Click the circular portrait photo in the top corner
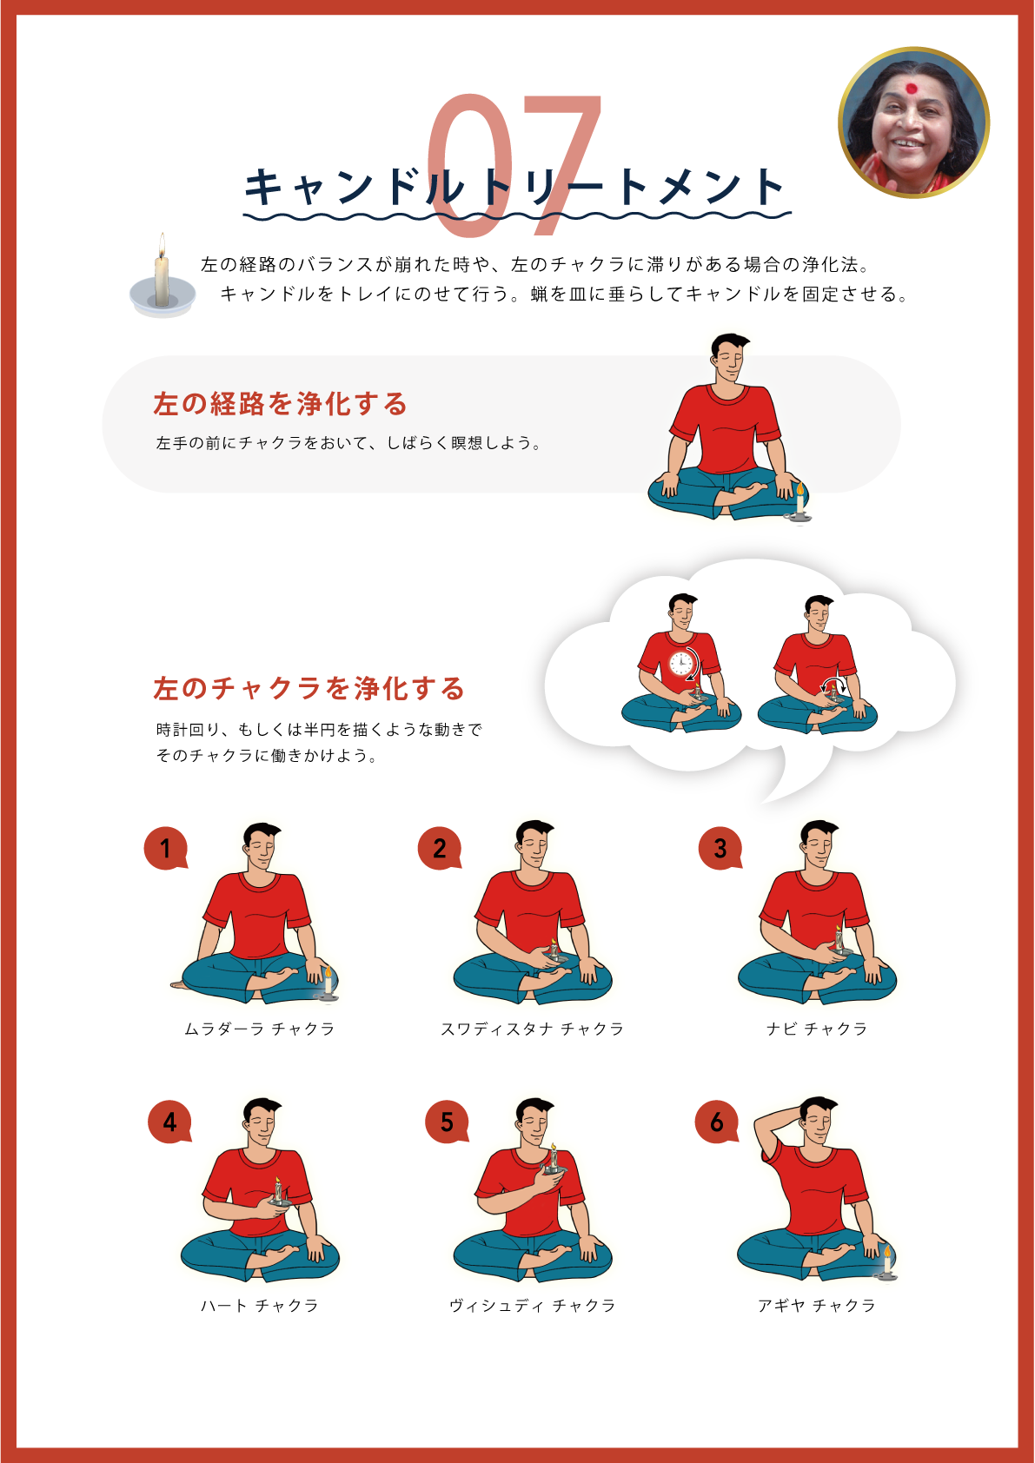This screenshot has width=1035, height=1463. coord(913,122)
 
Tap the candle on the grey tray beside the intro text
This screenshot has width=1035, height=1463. coord(162,275)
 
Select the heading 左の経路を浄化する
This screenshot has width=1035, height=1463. coord(281,404)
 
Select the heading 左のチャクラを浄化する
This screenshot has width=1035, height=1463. coord(309,688)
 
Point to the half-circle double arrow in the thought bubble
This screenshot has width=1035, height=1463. coord(833,685)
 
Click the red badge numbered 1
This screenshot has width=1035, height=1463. coord(166,848)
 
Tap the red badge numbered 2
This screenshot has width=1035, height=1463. coord(440,848)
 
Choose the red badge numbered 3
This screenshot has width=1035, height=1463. coord(720,848)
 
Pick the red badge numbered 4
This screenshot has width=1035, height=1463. coord(169,1122)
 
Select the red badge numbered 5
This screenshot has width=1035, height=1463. coord(447,1122)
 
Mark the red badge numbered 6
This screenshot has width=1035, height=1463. coord(717,1122)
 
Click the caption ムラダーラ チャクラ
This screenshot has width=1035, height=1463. coord(260,1029)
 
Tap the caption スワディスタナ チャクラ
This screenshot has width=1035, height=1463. coord(533,1029)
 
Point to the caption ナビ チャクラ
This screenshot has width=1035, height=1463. coord(817,1029)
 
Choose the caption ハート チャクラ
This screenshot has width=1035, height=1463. coord(260,1306)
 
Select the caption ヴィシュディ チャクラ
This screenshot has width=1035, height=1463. coord(533,1306)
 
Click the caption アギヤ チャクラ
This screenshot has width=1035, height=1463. coord(817,1306)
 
